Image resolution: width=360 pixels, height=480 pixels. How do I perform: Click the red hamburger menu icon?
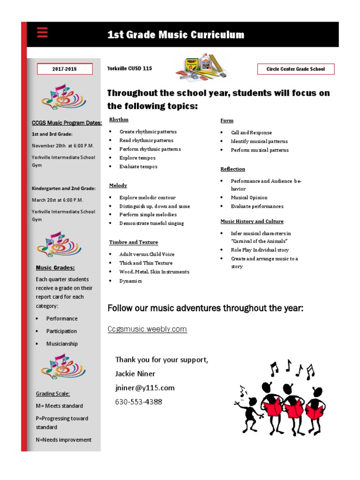click(42, 32)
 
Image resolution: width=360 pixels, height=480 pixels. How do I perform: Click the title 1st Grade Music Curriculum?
click(176, 35)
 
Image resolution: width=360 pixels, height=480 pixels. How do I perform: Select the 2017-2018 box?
click(64, 69)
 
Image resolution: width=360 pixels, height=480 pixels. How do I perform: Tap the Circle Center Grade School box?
click(295, 69)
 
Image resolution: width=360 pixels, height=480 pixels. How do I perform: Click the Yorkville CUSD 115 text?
click(129, 68)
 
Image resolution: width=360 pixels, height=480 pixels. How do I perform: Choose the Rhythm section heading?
click(119, 120)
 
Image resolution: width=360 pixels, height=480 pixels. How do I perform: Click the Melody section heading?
click(118, 186)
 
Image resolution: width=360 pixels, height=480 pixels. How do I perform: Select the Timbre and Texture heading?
click(134, 242)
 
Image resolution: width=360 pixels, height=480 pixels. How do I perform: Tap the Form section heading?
click(227, 120)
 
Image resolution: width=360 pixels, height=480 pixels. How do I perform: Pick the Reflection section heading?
click(233, 169)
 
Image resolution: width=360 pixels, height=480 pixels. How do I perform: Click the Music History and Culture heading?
click(252, 221)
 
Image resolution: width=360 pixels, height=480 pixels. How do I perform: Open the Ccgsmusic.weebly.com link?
click(147, 329)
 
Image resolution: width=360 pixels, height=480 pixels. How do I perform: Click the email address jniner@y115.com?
click(145, 388)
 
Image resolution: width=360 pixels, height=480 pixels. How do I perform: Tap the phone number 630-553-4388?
click(139, 402)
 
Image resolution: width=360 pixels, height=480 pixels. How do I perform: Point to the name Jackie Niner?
click(135, 374)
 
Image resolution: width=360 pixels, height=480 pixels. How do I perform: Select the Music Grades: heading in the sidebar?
click(55, 268)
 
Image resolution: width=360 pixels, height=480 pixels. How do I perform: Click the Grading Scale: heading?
click(52, 394)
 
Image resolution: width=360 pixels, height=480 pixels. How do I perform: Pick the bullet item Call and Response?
click(251, 133)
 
